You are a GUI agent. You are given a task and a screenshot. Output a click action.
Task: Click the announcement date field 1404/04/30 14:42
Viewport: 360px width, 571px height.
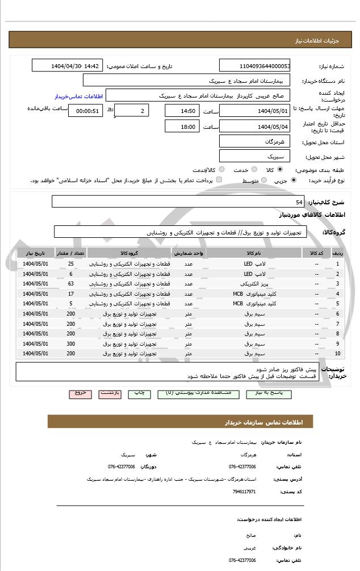point(68,66)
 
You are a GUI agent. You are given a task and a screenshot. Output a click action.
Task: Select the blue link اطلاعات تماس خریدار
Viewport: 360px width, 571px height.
point(73,97)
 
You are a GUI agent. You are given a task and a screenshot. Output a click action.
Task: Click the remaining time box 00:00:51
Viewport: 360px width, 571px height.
point(85,111)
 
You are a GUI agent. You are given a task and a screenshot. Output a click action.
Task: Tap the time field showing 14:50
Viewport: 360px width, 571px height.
point(182,111)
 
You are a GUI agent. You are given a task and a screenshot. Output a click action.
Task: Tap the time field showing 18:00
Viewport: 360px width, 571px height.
point(182,127)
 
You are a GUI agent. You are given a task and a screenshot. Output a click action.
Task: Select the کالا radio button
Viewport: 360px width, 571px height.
point(280,170)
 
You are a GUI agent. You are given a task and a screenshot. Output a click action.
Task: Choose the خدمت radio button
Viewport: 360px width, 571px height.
point(254,170)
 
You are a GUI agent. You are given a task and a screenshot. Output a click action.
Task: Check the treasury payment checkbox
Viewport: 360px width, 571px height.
point(219,180)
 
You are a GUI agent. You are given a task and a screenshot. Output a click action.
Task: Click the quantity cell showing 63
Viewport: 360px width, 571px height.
point(71,284)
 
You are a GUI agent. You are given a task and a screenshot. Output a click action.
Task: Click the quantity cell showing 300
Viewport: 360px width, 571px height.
point(71,343)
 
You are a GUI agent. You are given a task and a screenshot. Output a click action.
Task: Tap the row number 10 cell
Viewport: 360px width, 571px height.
point(338,354)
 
